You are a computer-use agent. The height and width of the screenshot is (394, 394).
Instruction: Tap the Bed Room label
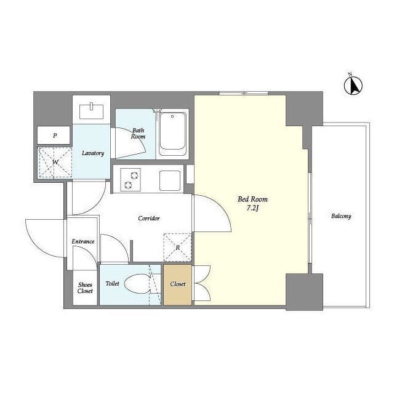[252, 199]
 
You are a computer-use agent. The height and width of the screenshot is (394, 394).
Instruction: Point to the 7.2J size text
[252, 209]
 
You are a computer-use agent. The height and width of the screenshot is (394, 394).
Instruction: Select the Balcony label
[340, 216]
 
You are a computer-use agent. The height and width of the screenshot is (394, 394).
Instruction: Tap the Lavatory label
[93, 153]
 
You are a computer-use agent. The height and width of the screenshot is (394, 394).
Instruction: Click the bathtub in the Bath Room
[172, 133]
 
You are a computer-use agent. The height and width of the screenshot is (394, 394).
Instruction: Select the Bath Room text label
[138, 133]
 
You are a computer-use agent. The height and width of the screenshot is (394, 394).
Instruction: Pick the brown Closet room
[177, 284]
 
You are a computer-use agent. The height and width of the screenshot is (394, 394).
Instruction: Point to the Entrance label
[83, 241]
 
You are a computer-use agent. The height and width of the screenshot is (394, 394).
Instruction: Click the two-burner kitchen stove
[131, 180]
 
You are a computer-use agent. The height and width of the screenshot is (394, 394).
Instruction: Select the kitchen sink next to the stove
[169, 180]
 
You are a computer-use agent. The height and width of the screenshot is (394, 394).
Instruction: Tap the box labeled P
[55, 135]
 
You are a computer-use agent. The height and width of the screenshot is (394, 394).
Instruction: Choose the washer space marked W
[55, 163]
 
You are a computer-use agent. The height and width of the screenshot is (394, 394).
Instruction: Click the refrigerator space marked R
[177, 247]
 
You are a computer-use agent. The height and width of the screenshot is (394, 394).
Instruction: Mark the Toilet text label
[112, 284]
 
